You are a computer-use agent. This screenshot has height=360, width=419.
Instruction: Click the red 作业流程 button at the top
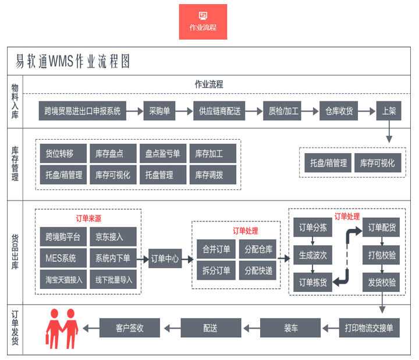[x=203, y=22]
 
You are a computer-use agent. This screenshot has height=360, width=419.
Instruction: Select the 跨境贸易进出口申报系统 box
[x=83, y=111]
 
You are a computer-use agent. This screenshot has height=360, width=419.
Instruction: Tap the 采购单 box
[x=159, y=111]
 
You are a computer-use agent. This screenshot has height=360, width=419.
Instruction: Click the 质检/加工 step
[x=283, y=111]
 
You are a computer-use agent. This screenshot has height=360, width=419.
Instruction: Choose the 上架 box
[x=388, y=111]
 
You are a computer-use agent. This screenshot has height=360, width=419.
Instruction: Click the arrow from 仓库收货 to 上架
[x=367, y=111]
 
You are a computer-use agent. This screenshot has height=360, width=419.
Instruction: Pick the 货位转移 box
[x=59, y=154]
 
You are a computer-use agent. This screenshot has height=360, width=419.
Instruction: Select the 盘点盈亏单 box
[x=162, y=154]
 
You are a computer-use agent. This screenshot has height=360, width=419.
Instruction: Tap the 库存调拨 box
[x=212, y=174]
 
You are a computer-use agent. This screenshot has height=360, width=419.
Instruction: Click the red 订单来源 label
[x=88, y=218]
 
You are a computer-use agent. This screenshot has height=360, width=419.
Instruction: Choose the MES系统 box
[x=60, y=257]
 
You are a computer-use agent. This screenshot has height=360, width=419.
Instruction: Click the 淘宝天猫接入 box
[x=64, y=279]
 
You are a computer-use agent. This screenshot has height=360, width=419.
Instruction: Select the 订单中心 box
[x=165, y=258]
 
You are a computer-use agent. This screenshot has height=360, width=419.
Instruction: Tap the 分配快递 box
[x=258, y=270]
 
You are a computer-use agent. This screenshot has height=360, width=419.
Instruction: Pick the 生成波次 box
[x=313, y=255]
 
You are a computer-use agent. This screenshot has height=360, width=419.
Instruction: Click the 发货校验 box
[x=382, y=282]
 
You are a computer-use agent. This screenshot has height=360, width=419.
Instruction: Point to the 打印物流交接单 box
[x=369, y=328]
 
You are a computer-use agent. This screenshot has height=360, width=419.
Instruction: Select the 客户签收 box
[x=129, y=328]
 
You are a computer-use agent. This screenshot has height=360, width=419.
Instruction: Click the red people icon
[x=62, y=330]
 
